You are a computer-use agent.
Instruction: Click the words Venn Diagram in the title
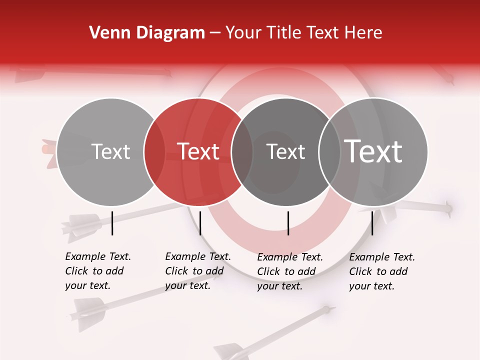[147, 32]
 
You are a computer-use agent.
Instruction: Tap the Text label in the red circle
[198, 151]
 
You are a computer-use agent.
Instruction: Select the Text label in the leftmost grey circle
[110, 151]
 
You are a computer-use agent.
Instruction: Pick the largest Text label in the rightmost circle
[373, 151]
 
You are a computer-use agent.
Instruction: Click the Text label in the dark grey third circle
[285, 151]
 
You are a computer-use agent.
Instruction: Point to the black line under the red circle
[200, 223]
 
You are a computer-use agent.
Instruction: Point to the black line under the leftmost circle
[112, 223]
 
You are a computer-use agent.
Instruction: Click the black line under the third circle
[288, 223]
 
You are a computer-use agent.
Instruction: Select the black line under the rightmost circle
[372, 223]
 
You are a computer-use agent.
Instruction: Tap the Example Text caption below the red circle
[197, 271]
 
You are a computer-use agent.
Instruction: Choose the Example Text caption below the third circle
[289, 271]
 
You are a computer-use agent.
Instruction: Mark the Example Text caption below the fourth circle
[381, 271]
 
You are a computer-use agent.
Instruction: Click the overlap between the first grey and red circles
[154, 151]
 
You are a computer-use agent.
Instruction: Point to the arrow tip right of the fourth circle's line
[448, 206]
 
